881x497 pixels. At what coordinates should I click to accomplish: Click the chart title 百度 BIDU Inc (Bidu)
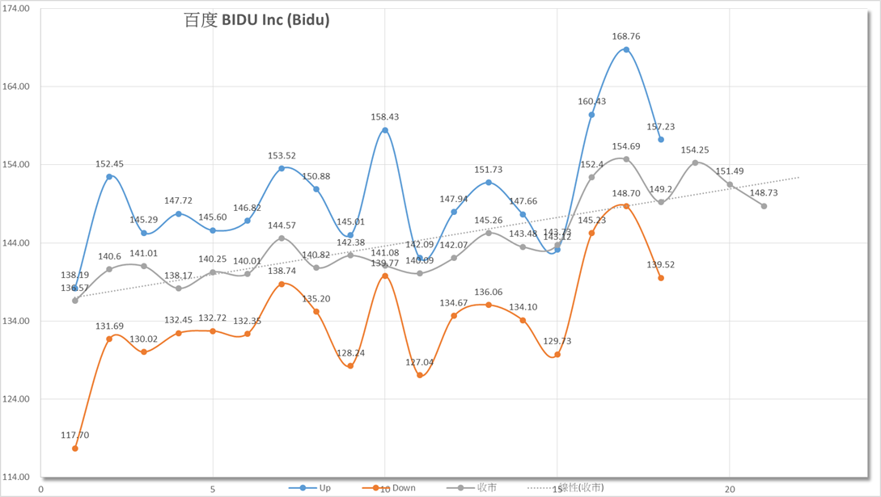tap(256, 20)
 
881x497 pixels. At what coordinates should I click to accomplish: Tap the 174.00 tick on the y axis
tap(17, 8)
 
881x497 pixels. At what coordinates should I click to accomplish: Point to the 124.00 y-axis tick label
tap(17, 399)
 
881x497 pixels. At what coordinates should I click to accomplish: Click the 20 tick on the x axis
tap(730, 489)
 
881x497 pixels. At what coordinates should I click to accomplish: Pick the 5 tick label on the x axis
tap(213, 489)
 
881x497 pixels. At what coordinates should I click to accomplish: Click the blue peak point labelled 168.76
tap(626, 50)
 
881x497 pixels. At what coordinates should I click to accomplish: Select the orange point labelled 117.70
tap(75, 449)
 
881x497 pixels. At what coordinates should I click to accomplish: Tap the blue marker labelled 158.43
tap(385, 130)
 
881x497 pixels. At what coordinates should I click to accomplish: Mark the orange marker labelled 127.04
tap(420, 376)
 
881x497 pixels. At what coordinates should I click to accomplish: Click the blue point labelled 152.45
tap(109, 177)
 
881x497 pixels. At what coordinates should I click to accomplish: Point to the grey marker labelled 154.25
tap(695, 162)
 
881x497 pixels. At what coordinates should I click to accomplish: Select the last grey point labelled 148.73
tap(764, 206)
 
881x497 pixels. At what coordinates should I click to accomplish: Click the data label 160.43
tap(592, 102)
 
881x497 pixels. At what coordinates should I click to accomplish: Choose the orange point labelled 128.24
tap(350, 366)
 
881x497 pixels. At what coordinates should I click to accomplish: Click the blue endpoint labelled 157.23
tap(661, 140)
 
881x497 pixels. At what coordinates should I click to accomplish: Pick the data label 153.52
tap(282, 156)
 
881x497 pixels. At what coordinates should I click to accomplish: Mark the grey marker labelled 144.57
tap(282, 238)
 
